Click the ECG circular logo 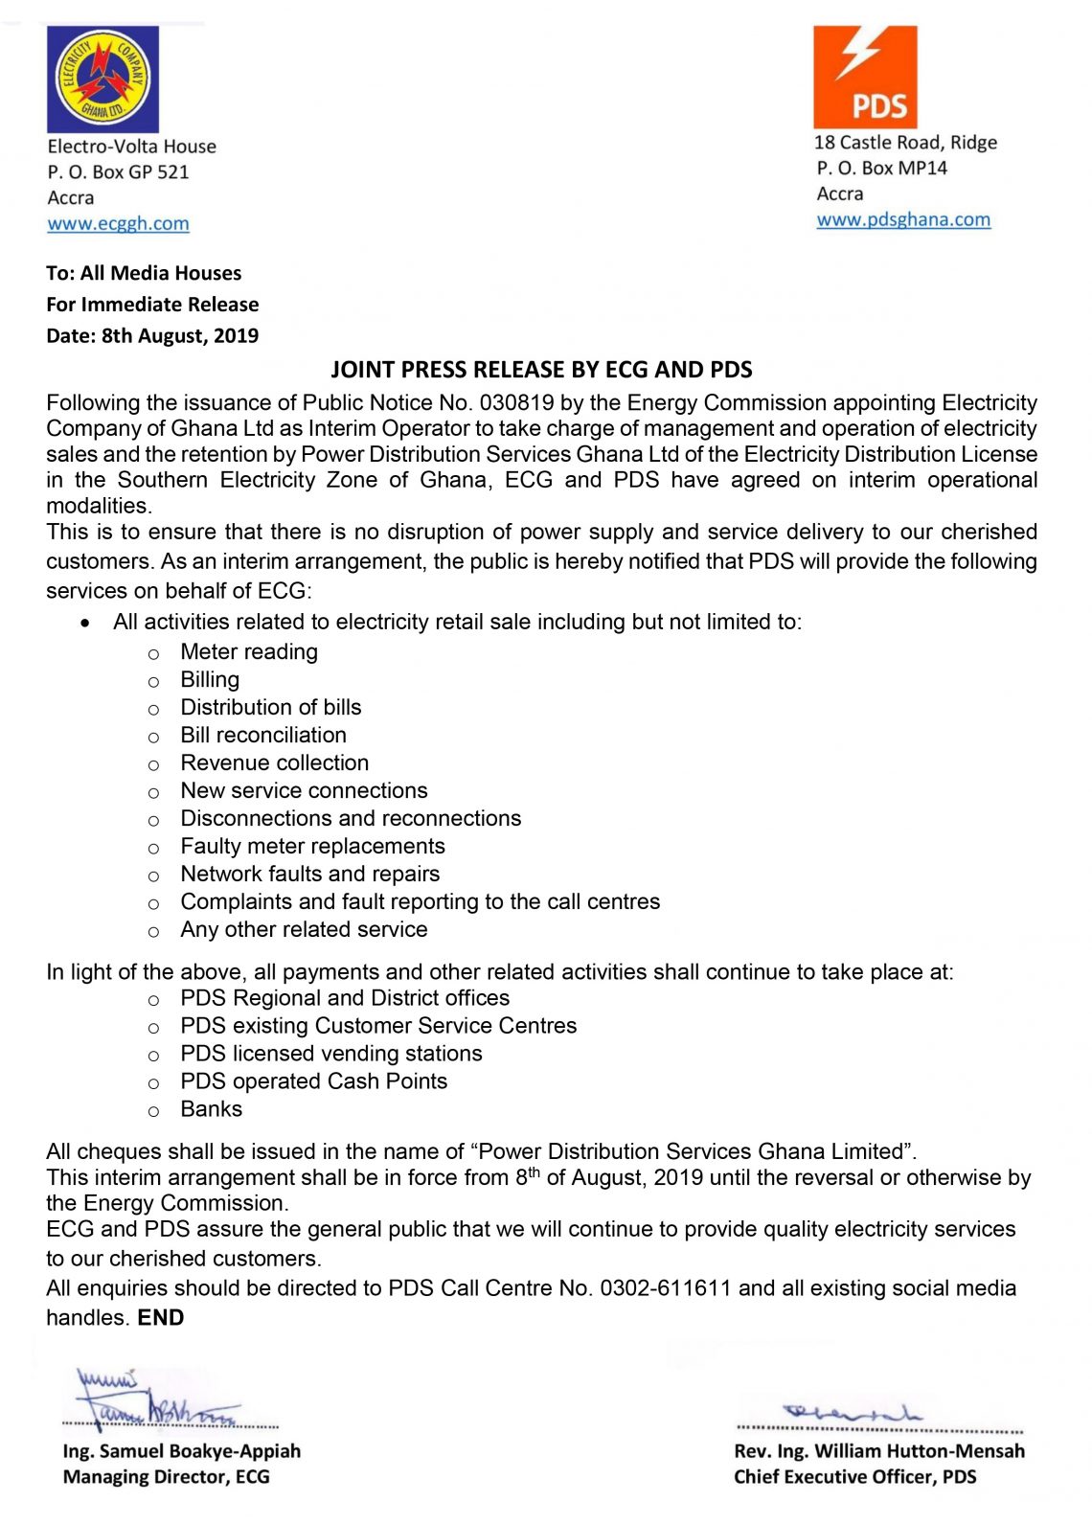coord(102,79)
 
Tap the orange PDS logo coord(865,77)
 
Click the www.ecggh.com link coord(118,224)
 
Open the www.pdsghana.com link coord(903,219)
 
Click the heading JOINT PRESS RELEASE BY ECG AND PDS coord(541,370)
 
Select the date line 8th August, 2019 coord(152,336)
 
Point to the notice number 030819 coord(516,403)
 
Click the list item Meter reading coord(249,652)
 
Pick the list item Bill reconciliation coord(263,736)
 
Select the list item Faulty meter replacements coord(312,847)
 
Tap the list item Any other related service coord(304,930)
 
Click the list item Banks coord(212,1109)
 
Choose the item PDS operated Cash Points coord(313,1081)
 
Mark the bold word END coord(161,1318)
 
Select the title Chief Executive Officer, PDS coord(854,1477)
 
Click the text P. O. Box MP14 coord(882,169)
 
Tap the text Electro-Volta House coord(132,147)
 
